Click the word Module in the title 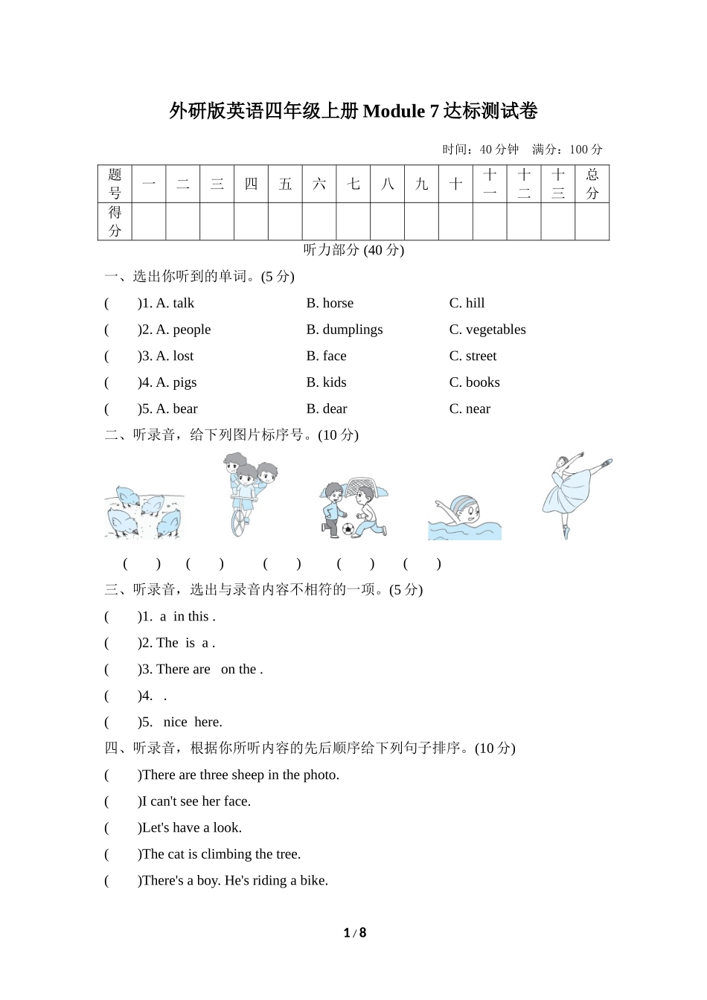[394, 112]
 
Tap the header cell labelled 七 [353, 184]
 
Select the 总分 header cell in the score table [592, 184]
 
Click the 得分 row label [115, 221]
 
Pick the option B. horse [330, 303]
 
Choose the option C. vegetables [487, 330]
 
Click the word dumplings [353, 330]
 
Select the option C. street [473, 356]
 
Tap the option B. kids [326, 382]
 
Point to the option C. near [470, 408]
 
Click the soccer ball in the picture [348, 529]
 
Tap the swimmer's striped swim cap [462, 503]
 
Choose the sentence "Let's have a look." [191, 827]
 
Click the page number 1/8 [355, 933]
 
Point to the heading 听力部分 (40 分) [353, 250]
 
